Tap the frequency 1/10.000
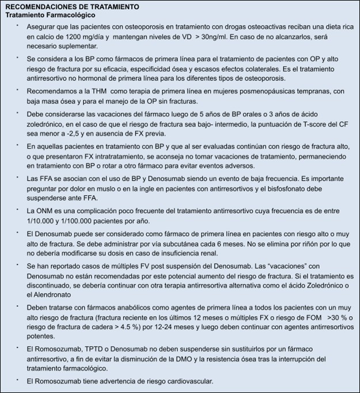click(44, 221)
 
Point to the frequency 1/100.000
click(87, 221)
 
